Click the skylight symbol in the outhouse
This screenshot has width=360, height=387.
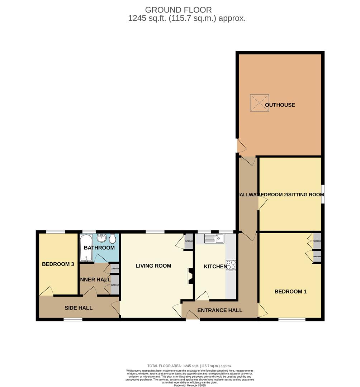(x=259, y=103)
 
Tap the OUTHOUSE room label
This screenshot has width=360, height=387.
(x=280, y=105)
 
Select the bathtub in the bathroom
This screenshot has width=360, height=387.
(x=86, y=248)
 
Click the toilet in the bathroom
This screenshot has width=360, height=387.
(x=112, y=239)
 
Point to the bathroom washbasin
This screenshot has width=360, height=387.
(x=101, y=238)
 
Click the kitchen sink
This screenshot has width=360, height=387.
(x=214, y=238)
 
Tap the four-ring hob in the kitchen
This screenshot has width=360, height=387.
(x=231, y=265)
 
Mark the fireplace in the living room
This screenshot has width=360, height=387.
(x=190, y=276)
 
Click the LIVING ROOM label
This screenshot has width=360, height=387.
(x=153, y=266)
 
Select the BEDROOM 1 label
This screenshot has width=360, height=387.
(x=290, y=292)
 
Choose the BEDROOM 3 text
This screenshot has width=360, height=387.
(x=58, y=264)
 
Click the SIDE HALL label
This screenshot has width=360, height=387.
(x=79, y=308)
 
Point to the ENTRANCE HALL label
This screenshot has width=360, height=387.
(x=220, y=310)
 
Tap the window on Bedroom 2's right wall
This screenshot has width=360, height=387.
(x=323, y=194)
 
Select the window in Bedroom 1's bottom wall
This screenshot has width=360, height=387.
(x=292, y=319)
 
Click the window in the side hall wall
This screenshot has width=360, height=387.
(x=73, y=319)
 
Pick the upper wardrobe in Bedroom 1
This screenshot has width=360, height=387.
(x=317, y=241)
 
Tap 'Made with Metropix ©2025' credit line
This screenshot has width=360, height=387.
(x=190, y=385)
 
